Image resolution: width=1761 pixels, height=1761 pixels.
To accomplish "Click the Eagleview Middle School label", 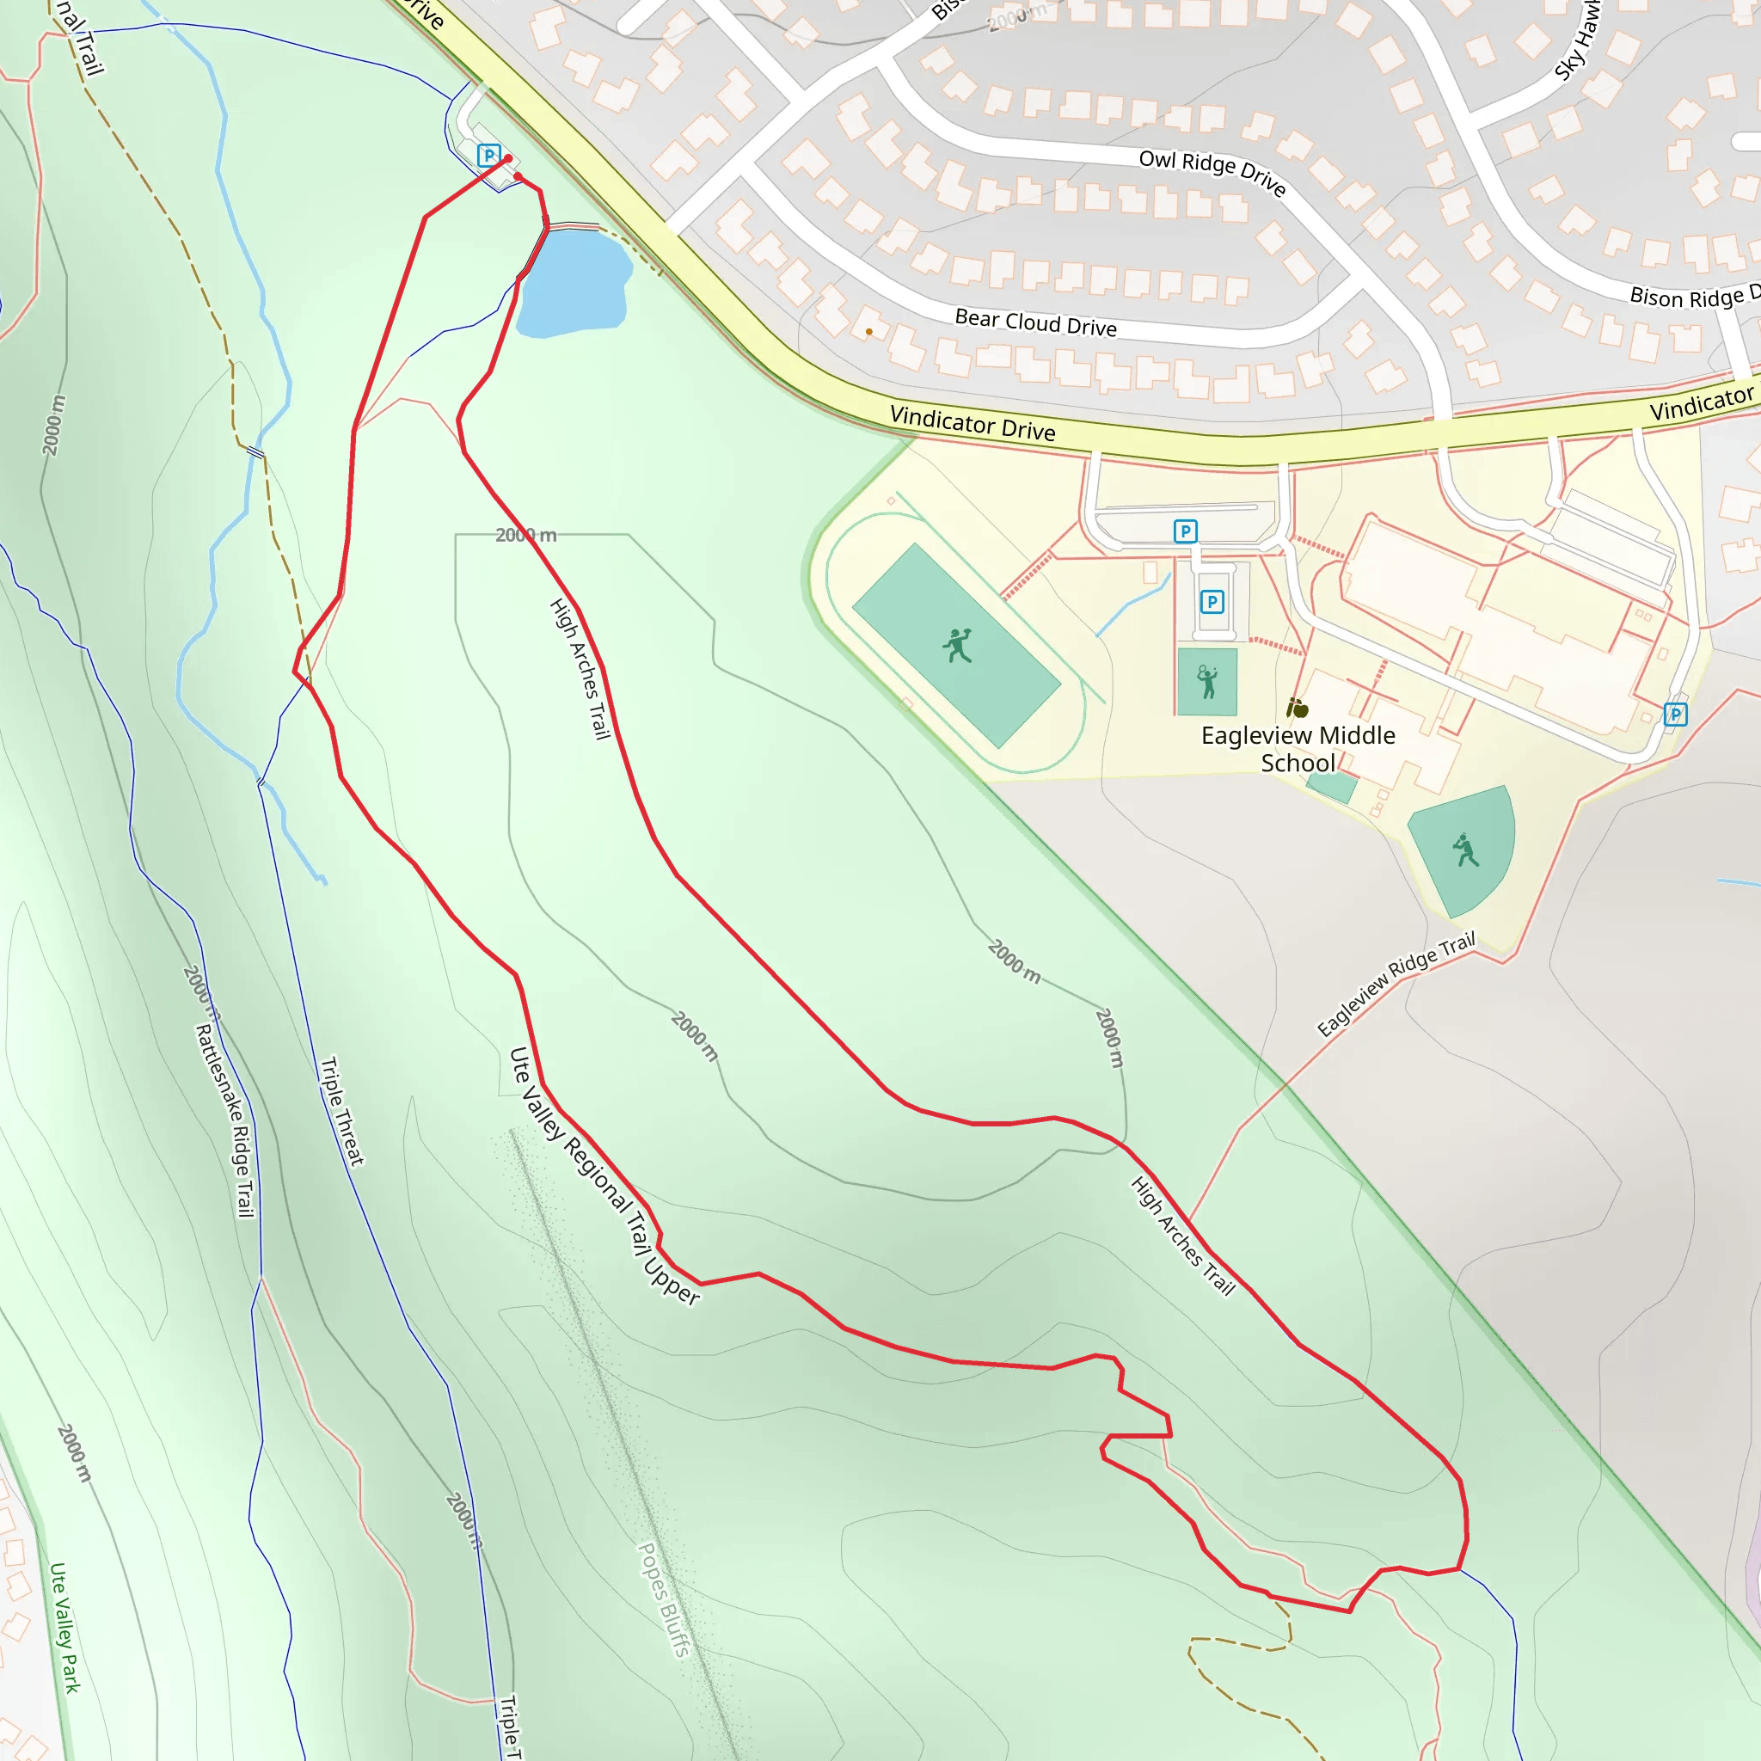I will click(1298, 748).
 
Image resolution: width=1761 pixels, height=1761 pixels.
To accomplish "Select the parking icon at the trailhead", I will click(489, 156).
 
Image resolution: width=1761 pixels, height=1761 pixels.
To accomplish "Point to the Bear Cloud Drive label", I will click(1035, 322).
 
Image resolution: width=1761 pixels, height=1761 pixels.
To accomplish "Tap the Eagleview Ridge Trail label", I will click(1396, 985).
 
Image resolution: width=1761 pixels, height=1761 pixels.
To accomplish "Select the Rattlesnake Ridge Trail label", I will click(225, 1120).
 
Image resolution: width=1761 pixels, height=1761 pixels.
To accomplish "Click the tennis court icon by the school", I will click(1206, 682).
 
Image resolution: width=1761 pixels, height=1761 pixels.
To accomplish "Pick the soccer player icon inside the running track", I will click(957, 646).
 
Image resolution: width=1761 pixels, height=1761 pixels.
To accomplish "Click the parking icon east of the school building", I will click(1675, 715).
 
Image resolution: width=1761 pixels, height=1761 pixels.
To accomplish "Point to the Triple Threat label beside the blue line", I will click(342, 1111).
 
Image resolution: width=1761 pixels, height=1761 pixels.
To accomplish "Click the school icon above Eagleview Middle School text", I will click(1297, 708).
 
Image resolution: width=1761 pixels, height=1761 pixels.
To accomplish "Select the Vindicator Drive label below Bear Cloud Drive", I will click(973, 424).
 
